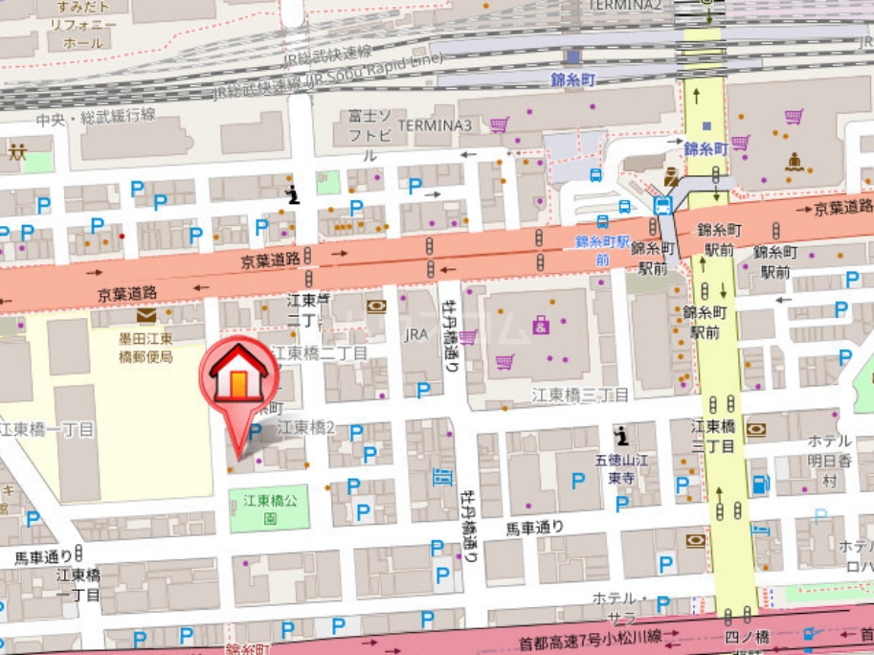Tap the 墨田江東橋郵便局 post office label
139,348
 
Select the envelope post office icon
146,315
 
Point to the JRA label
416,334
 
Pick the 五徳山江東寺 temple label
621,467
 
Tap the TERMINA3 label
435,125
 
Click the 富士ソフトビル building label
370,135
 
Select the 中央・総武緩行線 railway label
95,117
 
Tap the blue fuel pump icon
760,484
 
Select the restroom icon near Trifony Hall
17,150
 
